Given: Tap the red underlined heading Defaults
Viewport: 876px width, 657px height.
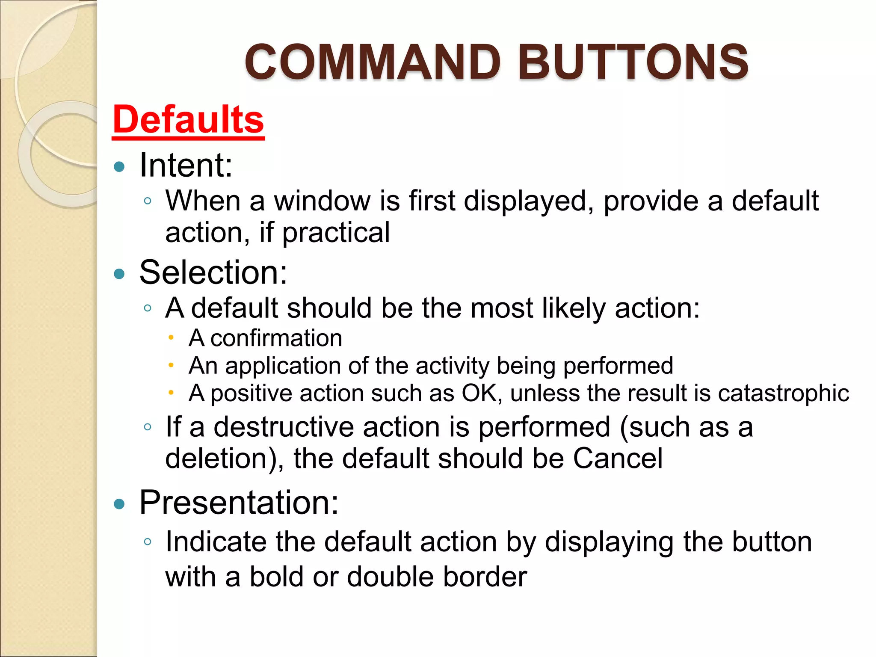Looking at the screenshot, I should tap(188, 120).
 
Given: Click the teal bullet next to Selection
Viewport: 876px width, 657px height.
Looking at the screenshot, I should tap(119, 274).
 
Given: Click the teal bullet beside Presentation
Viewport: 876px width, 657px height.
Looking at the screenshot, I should tap(119, 504).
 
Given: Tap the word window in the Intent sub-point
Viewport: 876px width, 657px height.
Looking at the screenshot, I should tap(323, 201).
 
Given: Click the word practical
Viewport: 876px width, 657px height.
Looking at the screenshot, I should tap(336, 233).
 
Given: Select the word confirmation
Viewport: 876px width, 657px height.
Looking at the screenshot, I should tap(276, 338).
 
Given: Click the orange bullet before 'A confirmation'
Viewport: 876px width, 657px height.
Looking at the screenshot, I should tap(171, 338).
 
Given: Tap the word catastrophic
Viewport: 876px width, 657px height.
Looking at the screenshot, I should tap(783, 393).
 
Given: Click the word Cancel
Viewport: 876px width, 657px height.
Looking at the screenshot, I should tap(618, 459).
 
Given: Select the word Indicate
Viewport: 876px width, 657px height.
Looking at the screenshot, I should tap(216, 542).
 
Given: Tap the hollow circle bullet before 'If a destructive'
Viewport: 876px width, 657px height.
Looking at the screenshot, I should tap(148, 427).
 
